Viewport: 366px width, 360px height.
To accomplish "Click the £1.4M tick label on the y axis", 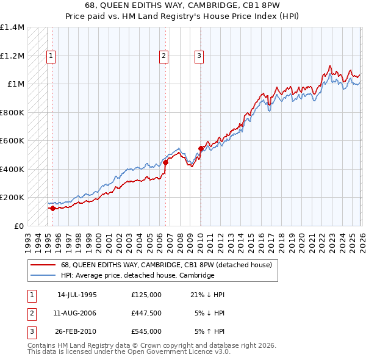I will click(12, 27).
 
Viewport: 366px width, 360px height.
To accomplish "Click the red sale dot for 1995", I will click(52, 208).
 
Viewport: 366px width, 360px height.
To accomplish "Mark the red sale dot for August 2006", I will click(165, 162).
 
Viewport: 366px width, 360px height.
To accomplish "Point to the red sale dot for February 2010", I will click(201, 148).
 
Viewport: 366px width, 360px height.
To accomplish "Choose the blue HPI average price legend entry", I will click(137, 276).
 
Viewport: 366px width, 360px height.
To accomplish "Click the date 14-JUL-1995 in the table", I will click(77, 295).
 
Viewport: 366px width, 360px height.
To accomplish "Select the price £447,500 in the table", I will click(146, 313).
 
